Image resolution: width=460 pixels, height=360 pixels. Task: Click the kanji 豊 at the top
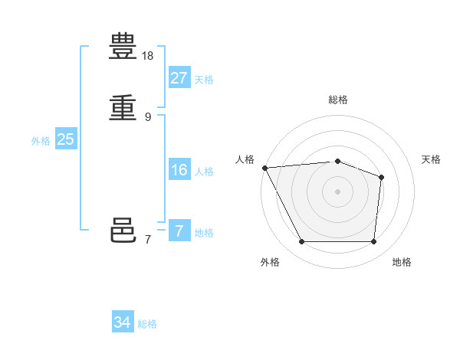pos(123,47)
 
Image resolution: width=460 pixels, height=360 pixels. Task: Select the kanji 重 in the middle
pos(123,107)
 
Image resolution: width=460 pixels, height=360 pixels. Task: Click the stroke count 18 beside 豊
pos(148,56)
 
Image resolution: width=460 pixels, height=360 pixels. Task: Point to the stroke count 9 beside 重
pos(148,116)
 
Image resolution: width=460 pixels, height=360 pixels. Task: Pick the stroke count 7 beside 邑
pos(148,239)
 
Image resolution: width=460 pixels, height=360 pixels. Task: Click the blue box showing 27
pos(179,78)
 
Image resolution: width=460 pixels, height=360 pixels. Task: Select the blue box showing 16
pos(179,170)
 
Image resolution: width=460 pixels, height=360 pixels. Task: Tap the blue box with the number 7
pos(179,231)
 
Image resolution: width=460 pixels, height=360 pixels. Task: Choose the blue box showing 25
pos(66,139)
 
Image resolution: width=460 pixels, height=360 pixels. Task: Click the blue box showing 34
pos(123,322)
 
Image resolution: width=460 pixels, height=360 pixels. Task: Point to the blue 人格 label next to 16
pos(204,172)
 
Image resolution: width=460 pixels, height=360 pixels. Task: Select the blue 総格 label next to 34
pos(147,324)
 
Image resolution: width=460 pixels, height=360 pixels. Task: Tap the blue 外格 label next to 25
pos(41,141)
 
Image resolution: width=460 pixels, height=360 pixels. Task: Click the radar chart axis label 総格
pos(337,100)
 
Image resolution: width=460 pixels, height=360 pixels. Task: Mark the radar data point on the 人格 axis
pos(264,168)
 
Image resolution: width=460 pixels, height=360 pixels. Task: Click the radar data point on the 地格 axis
pos(373,242)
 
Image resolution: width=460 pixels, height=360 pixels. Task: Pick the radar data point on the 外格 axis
pos(301,242)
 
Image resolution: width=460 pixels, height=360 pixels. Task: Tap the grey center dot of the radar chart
pos(337,191)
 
